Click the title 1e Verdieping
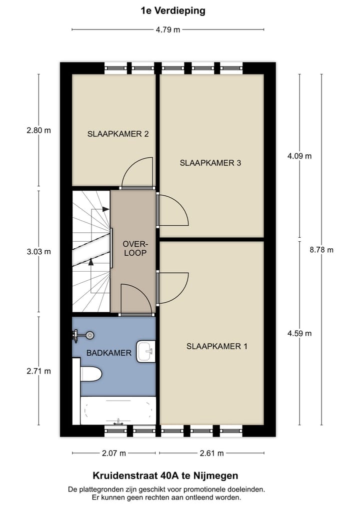173,10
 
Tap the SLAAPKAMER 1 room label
216,346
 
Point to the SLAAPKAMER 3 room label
210,162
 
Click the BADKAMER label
108,353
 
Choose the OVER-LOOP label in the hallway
134,248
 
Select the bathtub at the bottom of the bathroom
118,411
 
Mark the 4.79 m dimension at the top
167,29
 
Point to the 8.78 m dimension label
321,250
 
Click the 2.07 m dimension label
114,453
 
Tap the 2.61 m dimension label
211,453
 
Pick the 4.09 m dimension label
299,156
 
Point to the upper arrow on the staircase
104,210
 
